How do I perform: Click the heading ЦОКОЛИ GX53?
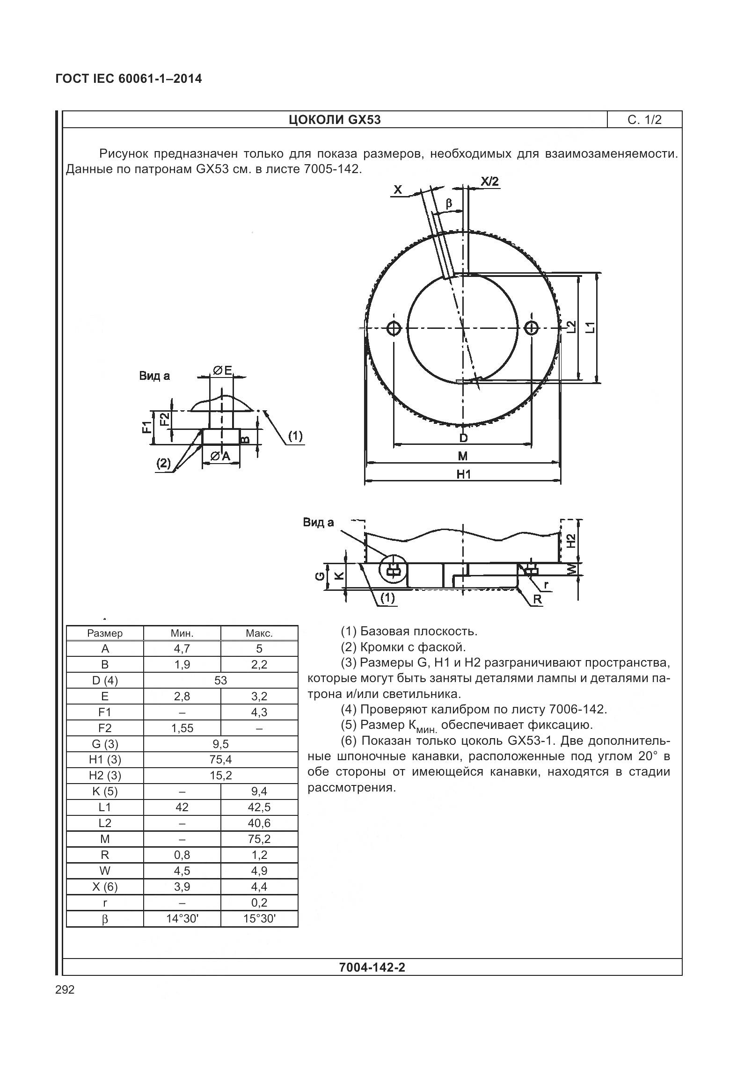point(334,120)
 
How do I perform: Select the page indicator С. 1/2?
point(644,120)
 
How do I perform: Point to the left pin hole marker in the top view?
point(394,328)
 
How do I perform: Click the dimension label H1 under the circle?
point(463,474)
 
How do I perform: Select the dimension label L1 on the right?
point(591,327)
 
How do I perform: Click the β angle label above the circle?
point(449,203)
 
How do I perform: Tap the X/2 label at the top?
point(489,182)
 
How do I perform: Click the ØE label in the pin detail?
point(222,371)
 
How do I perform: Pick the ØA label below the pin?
point(220,456)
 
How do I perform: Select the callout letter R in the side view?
point(537,599)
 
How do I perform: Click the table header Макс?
point(259,633)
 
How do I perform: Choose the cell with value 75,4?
point(220,760)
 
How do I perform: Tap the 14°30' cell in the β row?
point(182,919)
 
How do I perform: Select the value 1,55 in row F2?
point(182,728)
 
